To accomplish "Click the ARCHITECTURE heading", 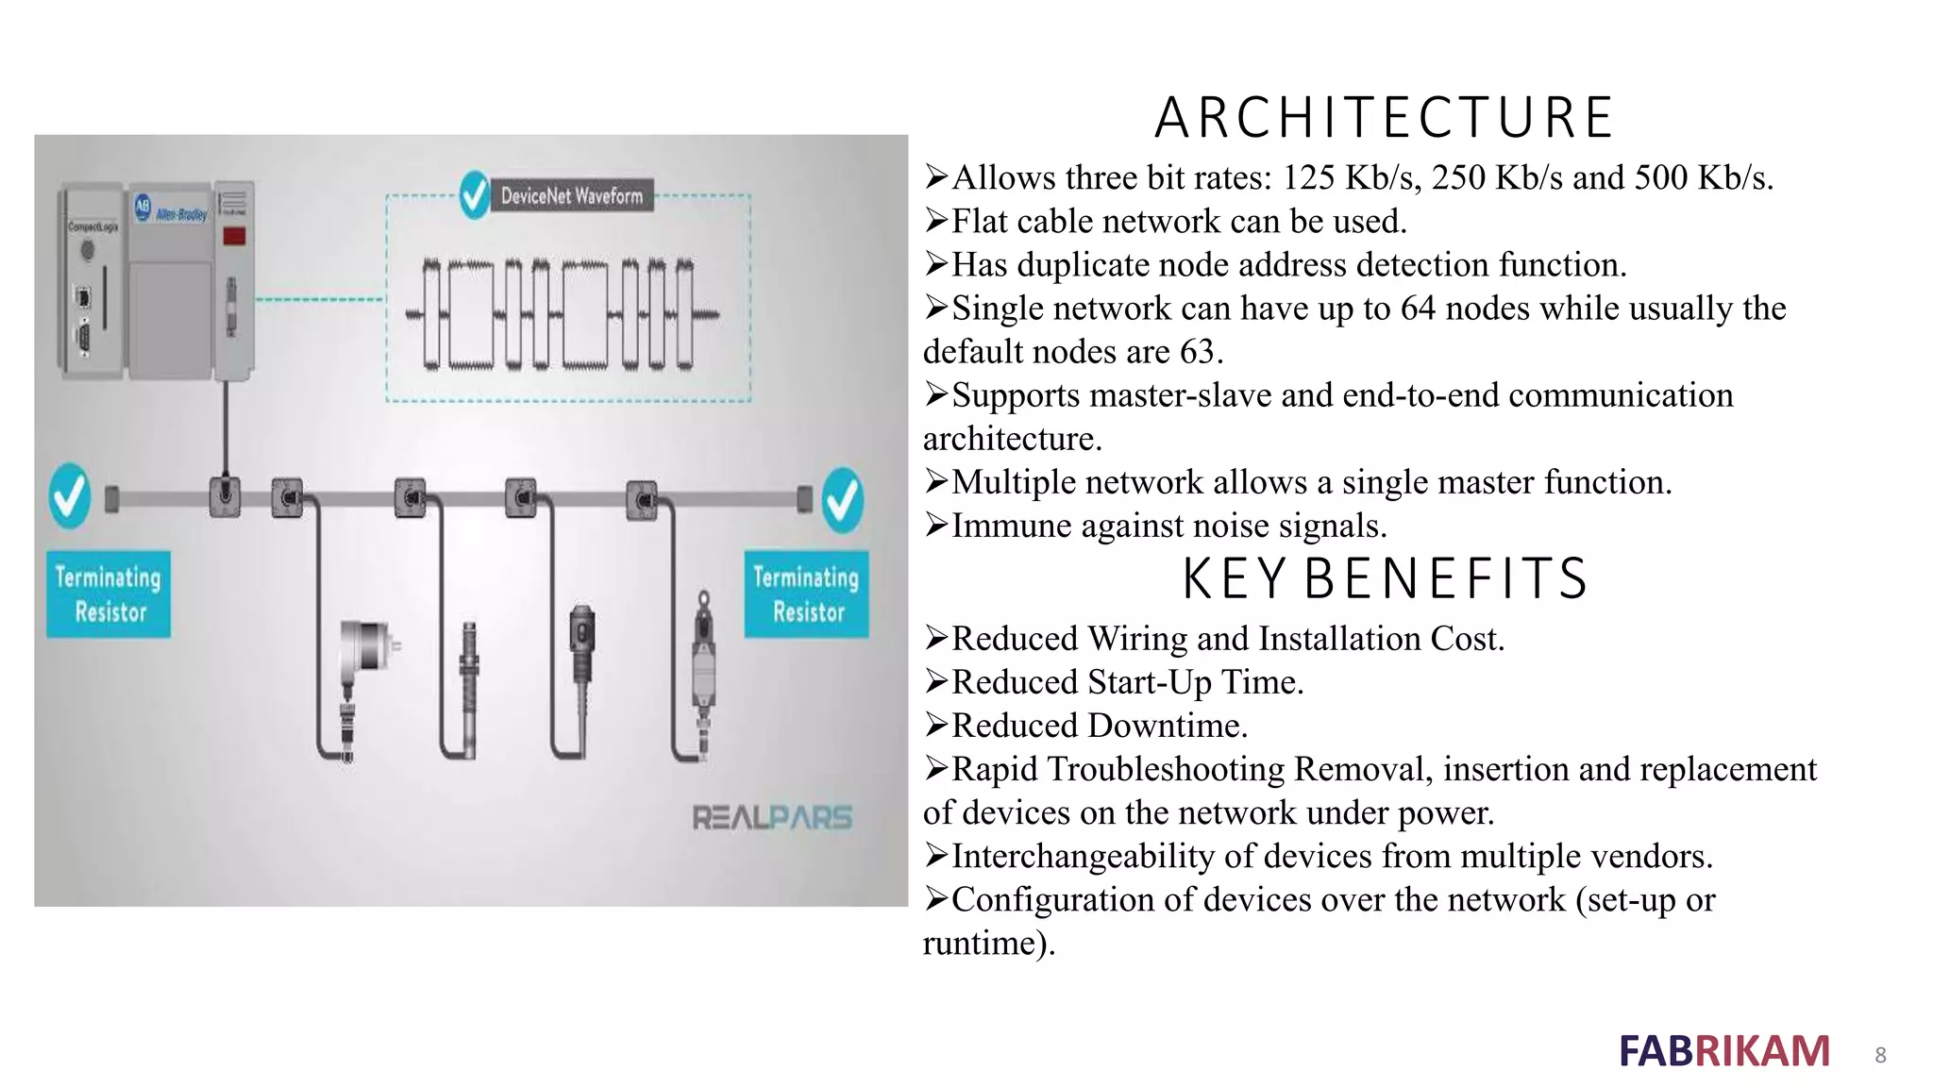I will point(1384,118).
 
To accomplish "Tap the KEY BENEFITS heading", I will point(1386,578).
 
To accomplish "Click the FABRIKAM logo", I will point(1724,1051).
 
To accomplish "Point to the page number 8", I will point(1880,1055).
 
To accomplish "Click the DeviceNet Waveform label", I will point(571,195).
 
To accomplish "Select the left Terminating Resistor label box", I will point(109,594).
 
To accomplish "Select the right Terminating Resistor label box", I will point(806,594).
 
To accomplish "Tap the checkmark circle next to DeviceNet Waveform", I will point(475,194).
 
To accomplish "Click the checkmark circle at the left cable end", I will point(70,494).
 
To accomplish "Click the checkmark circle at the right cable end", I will point(842,499).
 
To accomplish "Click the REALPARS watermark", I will point(772,817).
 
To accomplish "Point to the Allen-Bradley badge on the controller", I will point(171,209).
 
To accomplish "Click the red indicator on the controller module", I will point(234,236).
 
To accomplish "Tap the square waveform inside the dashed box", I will point(563,314).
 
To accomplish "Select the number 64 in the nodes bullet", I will point(1418,309).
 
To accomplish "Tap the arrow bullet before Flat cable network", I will point(936,221).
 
